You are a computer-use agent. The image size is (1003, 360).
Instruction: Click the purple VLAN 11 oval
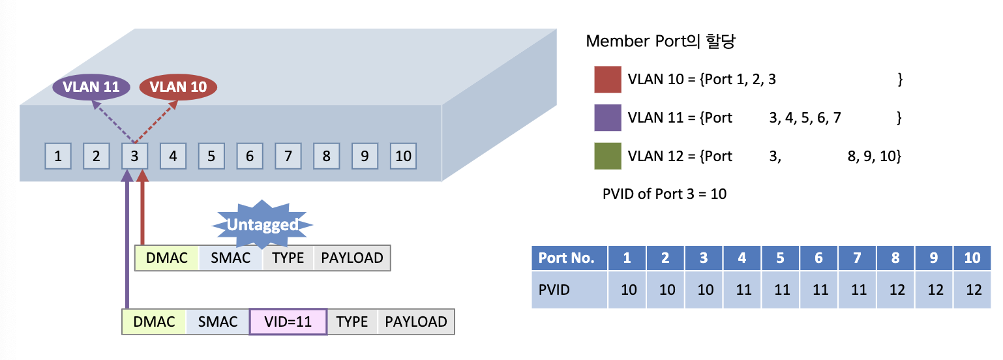tap(91, 87)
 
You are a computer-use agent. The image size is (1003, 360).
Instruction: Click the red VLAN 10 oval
tap(178, 87)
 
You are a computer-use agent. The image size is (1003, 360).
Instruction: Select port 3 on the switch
tap(134, 156)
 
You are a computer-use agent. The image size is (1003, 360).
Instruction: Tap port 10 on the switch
tap(403, 156)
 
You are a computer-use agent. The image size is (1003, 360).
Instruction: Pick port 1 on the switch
tap(58, 156)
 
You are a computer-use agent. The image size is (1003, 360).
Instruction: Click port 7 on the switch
tap(288, 156)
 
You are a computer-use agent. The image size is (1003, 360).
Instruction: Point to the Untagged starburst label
tap(262, 224)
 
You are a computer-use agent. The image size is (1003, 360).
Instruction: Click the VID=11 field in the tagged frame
tap(288, 322)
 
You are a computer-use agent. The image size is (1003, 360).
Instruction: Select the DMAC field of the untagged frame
tap(166, 258)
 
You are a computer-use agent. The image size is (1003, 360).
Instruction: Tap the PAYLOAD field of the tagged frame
tap(415, 322)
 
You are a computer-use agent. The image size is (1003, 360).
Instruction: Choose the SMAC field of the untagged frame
tap(231, 258)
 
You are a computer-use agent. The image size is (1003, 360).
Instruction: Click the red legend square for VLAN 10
tap(607, 80)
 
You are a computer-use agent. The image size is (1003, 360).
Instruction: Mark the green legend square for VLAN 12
tap(607, 156)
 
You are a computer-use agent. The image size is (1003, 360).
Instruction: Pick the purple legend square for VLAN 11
tap(607, 118)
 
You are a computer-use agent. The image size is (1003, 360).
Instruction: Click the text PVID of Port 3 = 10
tap(665, 194)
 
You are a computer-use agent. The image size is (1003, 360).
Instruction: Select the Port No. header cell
tap(569, 258)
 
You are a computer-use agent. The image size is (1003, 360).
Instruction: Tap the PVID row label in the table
tap(569, 290)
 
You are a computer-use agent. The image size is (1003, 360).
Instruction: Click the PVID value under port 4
tap(743, 290)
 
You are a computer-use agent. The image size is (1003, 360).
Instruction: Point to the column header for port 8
tap(896, 258)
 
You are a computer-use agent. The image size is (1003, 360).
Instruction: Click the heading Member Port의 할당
tap(661, 41)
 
